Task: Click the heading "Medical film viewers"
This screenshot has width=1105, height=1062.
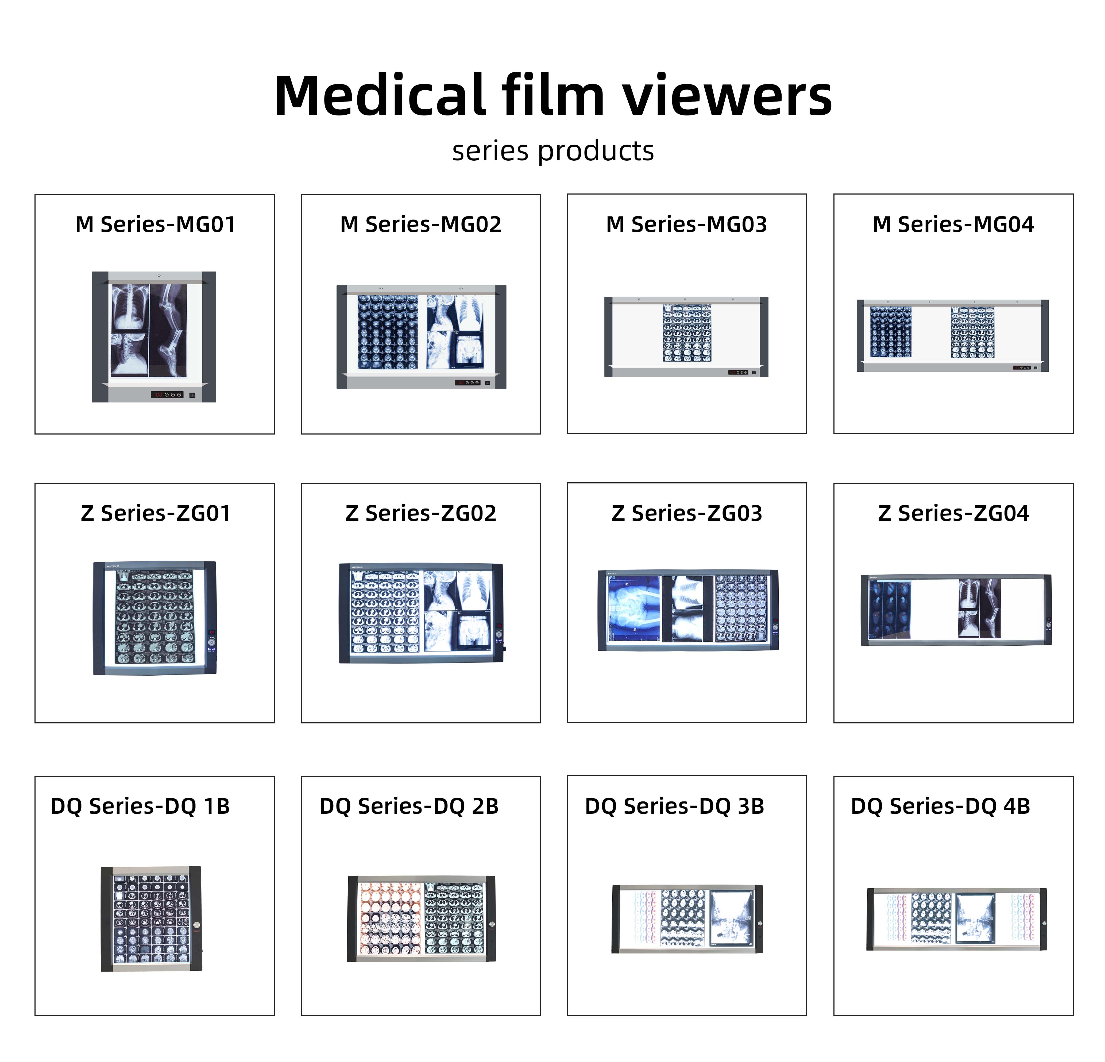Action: point(552,96)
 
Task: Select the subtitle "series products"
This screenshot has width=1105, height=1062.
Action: point(552,151)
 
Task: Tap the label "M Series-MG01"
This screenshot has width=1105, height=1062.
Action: point(155,224)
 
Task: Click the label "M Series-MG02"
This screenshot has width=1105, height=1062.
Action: point(420,224)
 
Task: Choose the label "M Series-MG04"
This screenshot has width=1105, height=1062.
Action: point(953,224)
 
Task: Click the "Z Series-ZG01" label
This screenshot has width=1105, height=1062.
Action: point(155,514)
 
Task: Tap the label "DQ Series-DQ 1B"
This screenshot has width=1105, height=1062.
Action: point(140,806)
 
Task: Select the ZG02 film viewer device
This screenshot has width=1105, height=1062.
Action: point(420,613)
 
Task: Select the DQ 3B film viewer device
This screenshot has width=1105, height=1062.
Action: point(687,919)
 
